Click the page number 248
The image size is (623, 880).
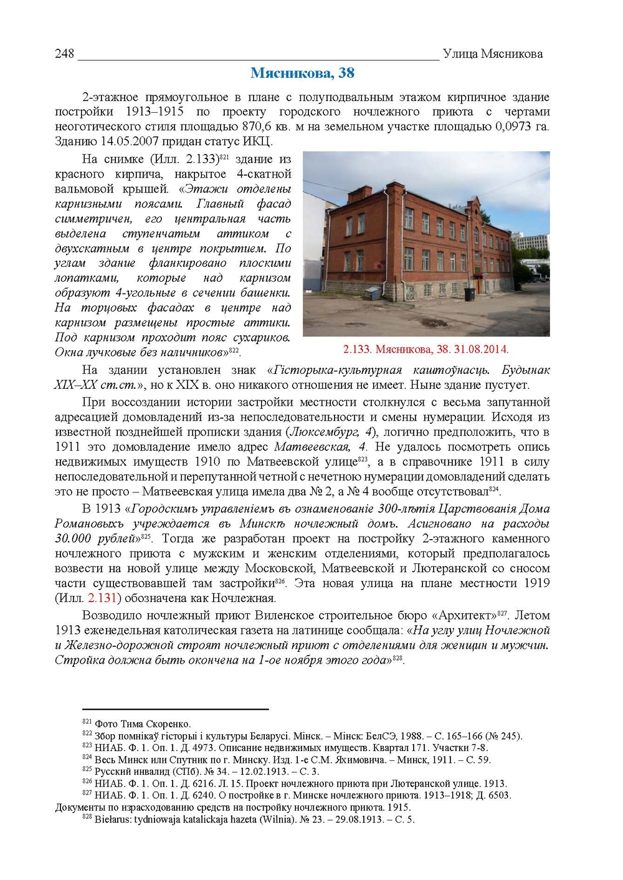pos(64,54)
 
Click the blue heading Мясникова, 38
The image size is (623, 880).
pos(302,73)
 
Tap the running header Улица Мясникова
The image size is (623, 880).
pos(492,54)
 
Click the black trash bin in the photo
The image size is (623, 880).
pos(469,293)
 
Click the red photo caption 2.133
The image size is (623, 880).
pos(426,349)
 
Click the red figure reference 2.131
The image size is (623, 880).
pos(102,598)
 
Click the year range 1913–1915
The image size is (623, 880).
pos(155,112)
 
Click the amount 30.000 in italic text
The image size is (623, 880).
pos(72,538)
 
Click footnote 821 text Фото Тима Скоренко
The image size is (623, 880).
pos(143,724)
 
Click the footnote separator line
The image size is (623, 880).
pos(175,709)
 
